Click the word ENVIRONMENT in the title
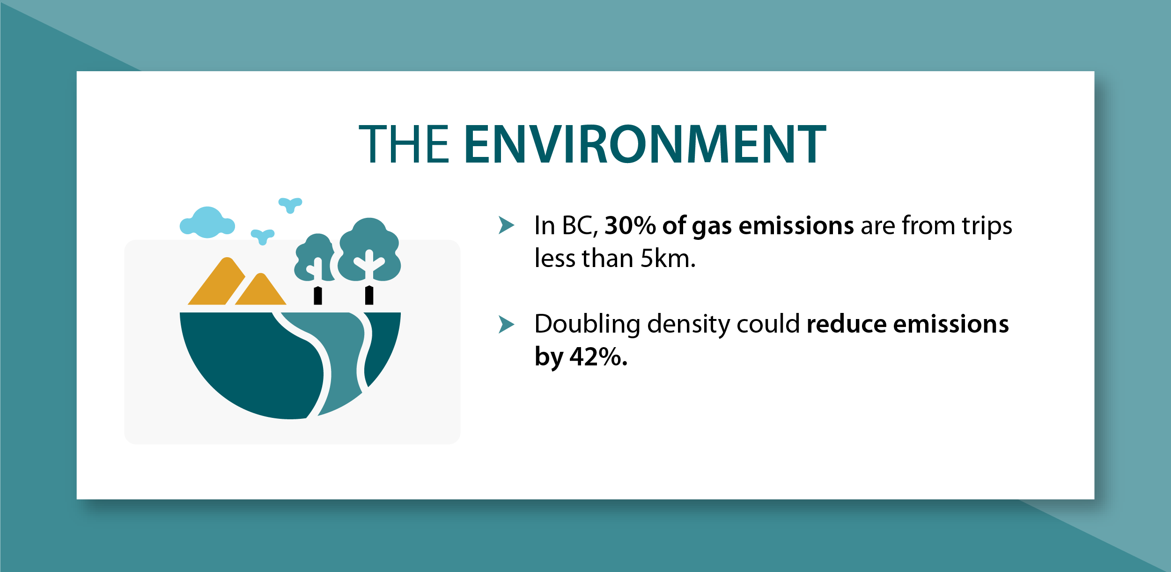click(645, 144)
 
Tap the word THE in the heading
click(404, 144)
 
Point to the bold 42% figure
click(598, 357)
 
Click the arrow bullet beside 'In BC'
click(506, 225)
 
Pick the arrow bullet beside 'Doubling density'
click(506, 324)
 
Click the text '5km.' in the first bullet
click(668, 259)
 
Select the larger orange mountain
click(216, 281)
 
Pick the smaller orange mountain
click(261, 289)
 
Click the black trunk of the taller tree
click(369, 295)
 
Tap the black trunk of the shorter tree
click(318, 296)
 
